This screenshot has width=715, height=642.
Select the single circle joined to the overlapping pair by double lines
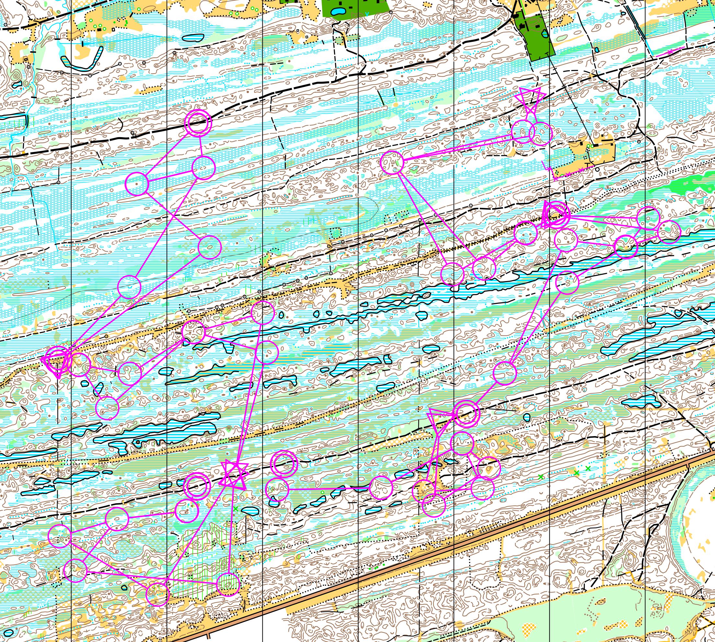pyautogui.click(x=392, y=162)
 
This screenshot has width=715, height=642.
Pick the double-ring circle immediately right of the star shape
pyautogui.click(x=284, y=463)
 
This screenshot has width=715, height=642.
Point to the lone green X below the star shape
pyautogui.click(x=236, y=508)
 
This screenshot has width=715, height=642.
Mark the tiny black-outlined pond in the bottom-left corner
pyautogui.click(x=9, y=632)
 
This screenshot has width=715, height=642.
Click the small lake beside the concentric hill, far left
pyautogui.click(x=16, y=85)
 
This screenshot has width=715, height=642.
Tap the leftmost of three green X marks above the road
pyautogui.click(x=541, y=477)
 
